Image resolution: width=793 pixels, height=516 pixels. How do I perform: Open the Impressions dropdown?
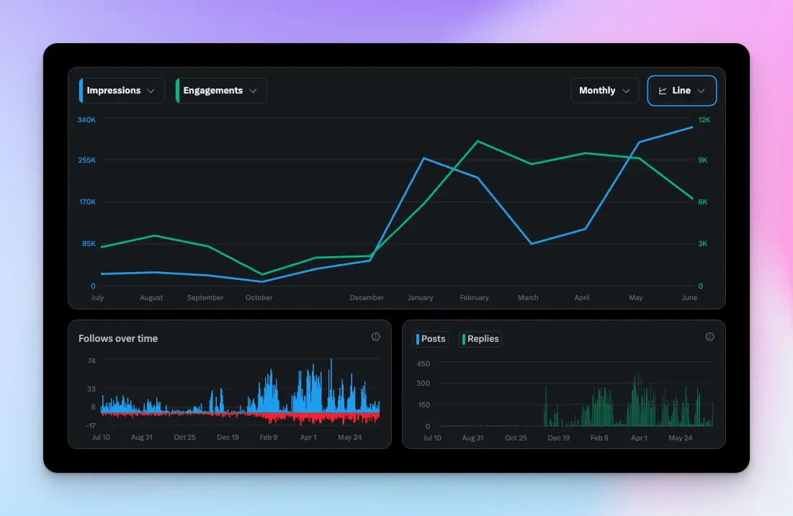pyautogui.click(x=122, y=91)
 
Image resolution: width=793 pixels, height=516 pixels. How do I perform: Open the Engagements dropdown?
pyautogui.click(x=221, y=91)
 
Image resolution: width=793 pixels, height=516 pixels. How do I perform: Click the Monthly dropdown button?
pyautogui.click(x=604, y=91)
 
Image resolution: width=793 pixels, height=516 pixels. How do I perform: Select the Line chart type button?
pyautogui.click(x=681, y=91)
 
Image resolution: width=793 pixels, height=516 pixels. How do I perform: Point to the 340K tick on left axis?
pyautogui.click(x=86, y=119)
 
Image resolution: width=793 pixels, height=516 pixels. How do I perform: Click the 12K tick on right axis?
pyautogui.click(x=704, y=119)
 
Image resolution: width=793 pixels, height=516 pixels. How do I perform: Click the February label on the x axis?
pyautogui.click(x=474, y=298)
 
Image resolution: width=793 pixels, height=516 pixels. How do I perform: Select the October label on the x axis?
pyautogui.click(x=259, y=298)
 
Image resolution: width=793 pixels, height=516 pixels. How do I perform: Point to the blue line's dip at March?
pyautogui.click(x=531, y=244)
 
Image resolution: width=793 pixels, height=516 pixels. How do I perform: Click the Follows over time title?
pyautogui.click(x=118, y=338)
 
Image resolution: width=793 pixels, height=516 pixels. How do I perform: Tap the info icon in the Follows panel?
pyautogui.click(x=375, y=337)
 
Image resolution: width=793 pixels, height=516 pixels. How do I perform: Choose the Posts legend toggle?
pyautogui.click(x=431, y=339)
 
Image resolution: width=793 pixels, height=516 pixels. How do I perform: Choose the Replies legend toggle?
pyautogui.click(x=480, y=339)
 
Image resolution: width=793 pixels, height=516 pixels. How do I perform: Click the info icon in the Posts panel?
pyautogui.click(x=709, y=337)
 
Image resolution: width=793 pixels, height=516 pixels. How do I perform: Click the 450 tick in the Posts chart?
pyautogui.click(x=423, y=363)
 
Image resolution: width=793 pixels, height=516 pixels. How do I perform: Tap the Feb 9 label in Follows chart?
pyautogui.click(x=268, y=438)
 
